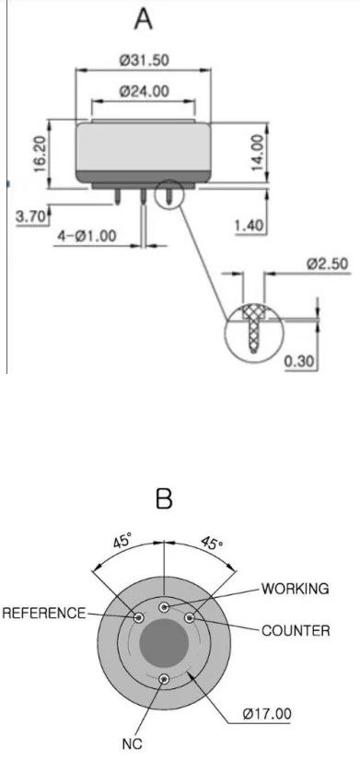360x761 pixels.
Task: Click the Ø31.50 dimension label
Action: [x=144, y=60]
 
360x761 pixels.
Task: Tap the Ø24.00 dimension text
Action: [x=145, y=91]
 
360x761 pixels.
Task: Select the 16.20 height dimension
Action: [x=40, y=154]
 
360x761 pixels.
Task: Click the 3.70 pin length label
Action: [x=31, y=216]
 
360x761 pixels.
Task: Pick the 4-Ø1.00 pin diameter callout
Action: [x=87, y=237]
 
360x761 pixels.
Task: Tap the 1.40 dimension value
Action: [x=250, y=226]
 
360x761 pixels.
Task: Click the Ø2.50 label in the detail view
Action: [x=328, y=263]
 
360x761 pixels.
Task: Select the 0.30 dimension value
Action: [x=300, y=361]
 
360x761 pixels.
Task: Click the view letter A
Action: [x=143, y=19]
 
